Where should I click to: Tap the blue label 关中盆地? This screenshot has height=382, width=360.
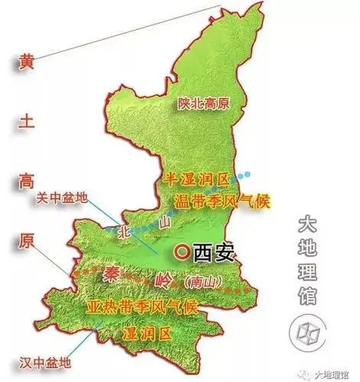click(x=61, y=197)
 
